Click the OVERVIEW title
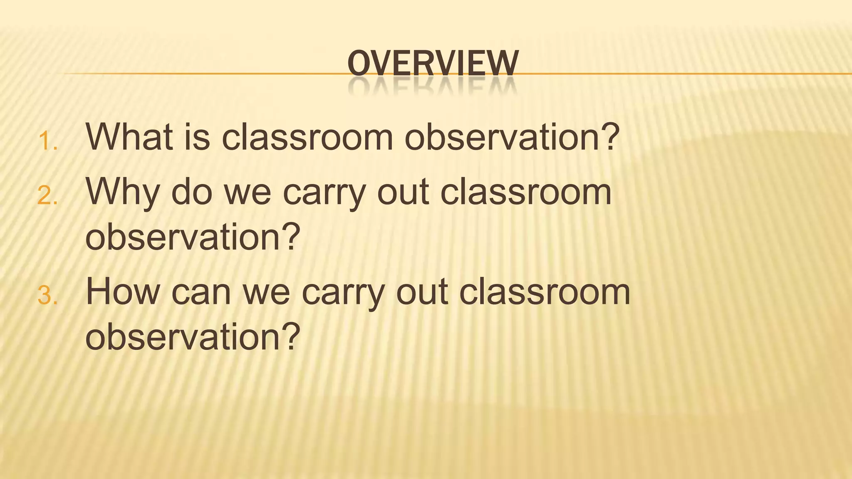point(433,63)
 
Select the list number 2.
point(47,196)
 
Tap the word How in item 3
point(123,292)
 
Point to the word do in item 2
point(192,192)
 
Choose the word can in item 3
point(201,292)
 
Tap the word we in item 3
point(266,292)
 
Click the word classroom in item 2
point(526,192)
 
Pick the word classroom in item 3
point(545,292)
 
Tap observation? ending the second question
point(193,237)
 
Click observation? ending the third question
point(193,336)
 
